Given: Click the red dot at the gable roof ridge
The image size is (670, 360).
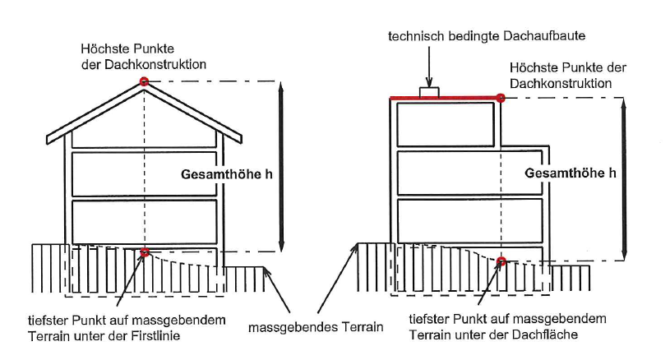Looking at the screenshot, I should coord(145,81).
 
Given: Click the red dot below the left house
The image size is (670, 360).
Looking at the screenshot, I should coord(145,252).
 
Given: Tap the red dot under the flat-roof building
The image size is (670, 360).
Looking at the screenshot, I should coord(501,261).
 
